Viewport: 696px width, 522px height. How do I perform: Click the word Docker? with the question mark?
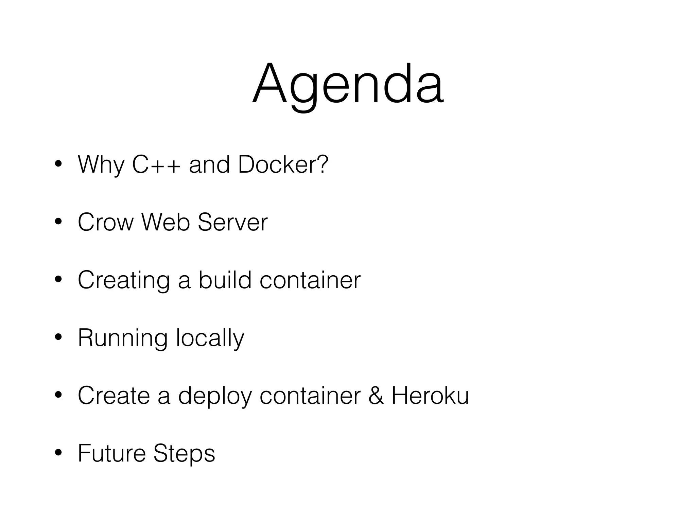pos(283,165)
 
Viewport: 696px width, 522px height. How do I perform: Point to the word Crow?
pos(106,223)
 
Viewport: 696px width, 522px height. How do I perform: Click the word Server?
pos(233,223)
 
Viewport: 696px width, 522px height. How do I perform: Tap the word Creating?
pos(124,281)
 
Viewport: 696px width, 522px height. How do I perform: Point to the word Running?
pos(123,338)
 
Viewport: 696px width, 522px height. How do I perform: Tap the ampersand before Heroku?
pos(376,396)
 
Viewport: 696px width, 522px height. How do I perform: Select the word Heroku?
pos(430,396)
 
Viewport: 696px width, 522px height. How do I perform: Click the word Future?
pos(111,454)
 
